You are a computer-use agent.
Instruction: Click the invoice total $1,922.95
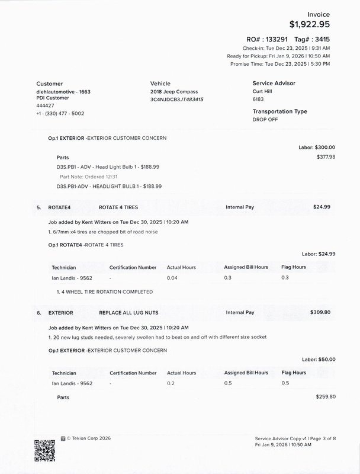point(309,24)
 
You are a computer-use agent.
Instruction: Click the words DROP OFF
point(266,119)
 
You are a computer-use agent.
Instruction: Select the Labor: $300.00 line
point(317,147)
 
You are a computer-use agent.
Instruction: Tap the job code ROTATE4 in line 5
point(60,207)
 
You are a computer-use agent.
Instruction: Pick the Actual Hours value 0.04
point(172,277)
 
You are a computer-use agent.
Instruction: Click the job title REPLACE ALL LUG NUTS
point(128,312)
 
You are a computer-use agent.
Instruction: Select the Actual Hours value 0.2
point(171,383)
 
